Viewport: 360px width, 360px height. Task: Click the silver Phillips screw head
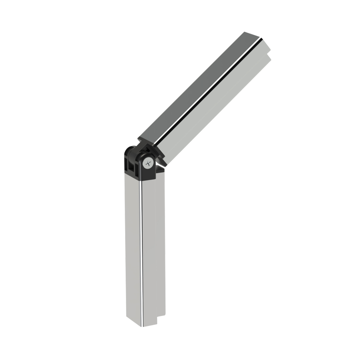click(148, 164)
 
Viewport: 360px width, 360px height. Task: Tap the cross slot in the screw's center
click(149, 164)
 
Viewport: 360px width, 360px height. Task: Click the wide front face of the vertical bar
click(153, 249)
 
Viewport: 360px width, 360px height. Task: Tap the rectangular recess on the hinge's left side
click(130, 165)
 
